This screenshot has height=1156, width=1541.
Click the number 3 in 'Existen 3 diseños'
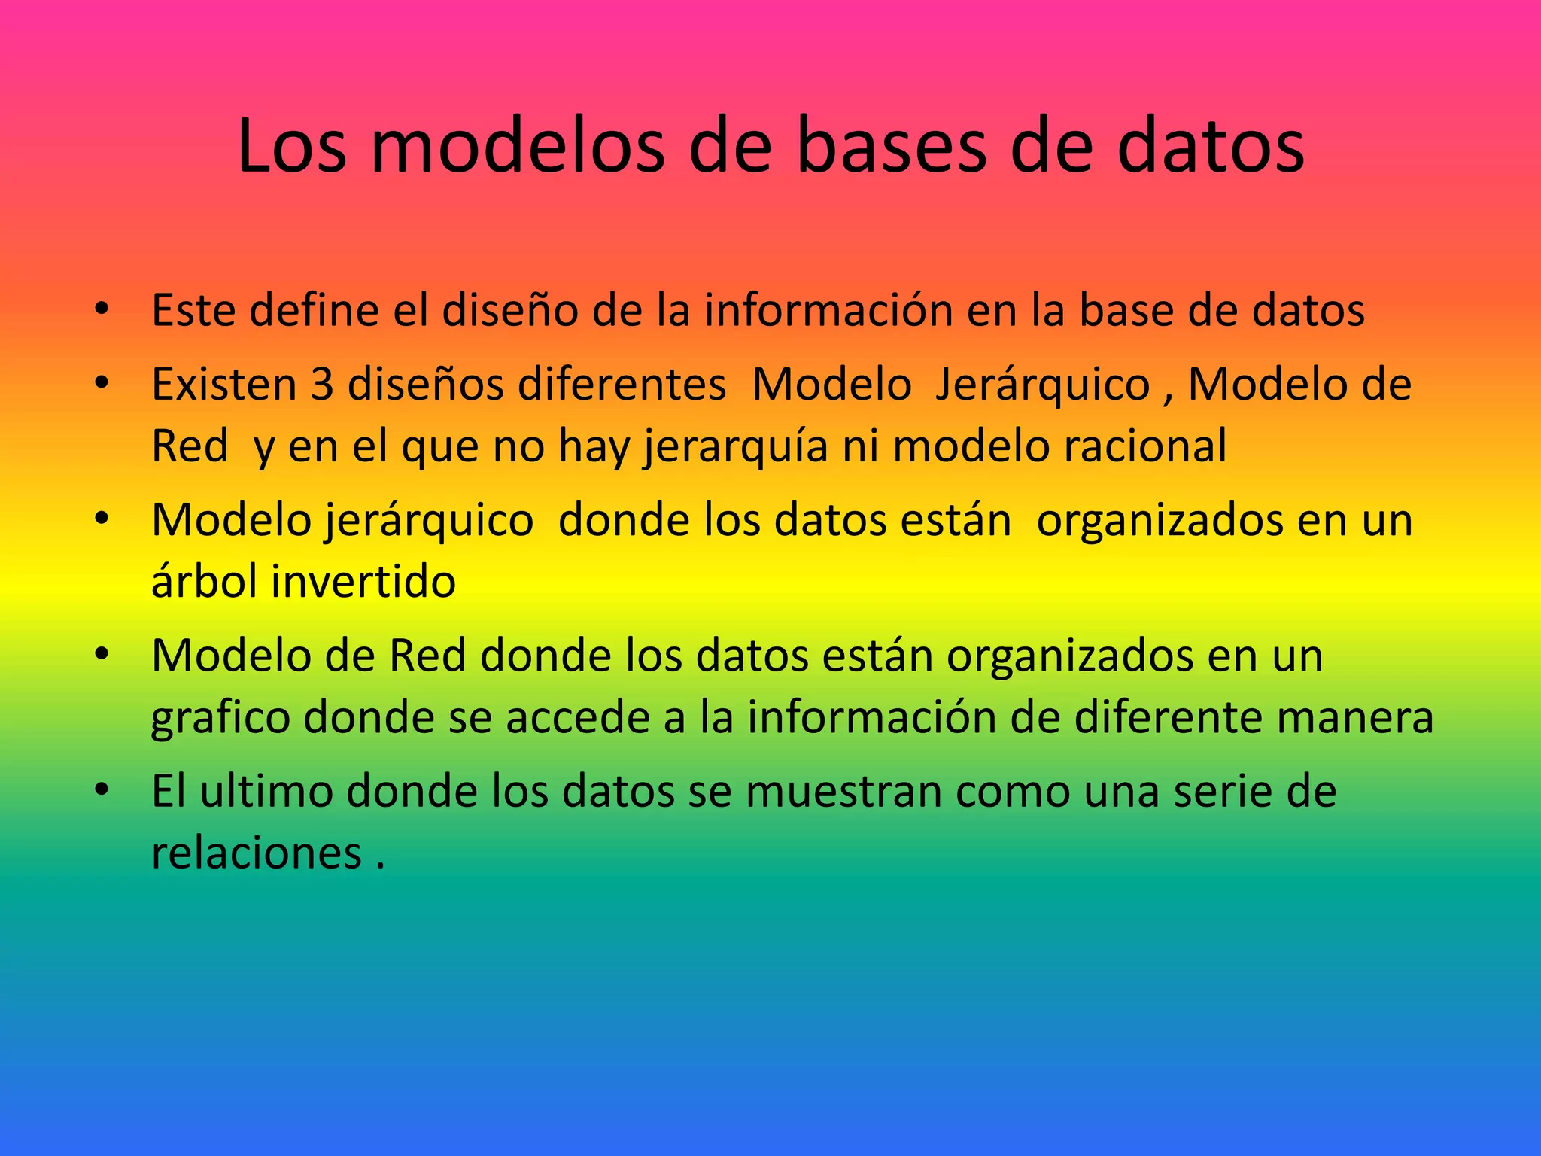pos(322,385)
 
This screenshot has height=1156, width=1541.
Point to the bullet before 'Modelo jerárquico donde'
pos(102,519)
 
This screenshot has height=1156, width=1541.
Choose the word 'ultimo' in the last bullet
pos(266,792)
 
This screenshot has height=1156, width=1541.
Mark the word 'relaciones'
pos(257,853)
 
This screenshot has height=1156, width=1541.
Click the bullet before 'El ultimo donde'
pos(102,790)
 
